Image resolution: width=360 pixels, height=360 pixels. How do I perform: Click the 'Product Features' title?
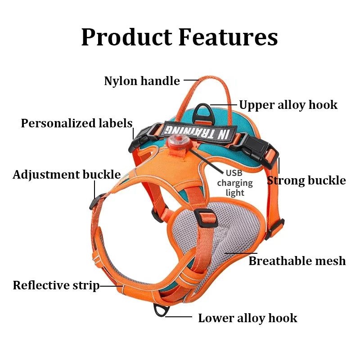click(179, 37)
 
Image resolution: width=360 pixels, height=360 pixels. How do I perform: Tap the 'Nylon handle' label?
click(142, 81)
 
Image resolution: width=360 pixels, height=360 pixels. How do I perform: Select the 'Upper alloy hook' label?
click(288, 105)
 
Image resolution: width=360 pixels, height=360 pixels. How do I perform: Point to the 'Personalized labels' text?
click(76, 123)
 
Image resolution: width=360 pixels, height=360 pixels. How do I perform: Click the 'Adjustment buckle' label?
click(67, 175)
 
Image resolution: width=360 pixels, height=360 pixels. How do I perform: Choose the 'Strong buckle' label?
click(306, 180)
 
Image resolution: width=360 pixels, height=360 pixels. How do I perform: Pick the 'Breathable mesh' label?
click(297, 261)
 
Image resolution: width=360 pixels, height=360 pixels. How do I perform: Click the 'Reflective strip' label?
click(56, 285)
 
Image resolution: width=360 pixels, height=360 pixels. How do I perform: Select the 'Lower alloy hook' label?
click(247, 318)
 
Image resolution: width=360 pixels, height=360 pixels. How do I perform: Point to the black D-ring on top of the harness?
click(203, 109)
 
